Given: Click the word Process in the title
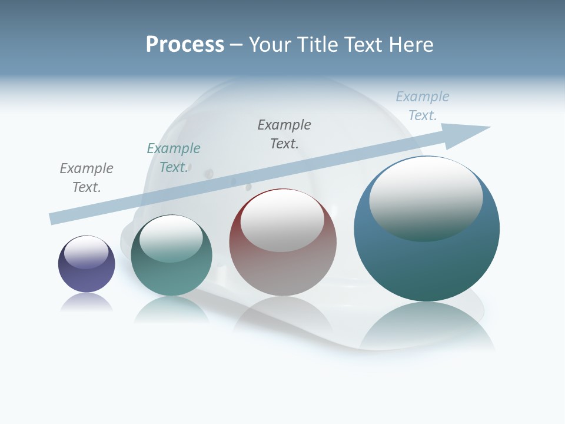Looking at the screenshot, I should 185,45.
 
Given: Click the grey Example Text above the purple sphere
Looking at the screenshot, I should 87,178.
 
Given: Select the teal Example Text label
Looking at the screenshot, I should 174,158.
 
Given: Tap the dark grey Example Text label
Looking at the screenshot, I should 284,134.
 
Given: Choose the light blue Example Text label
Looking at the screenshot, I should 423,106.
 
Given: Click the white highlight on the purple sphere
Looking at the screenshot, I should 87,252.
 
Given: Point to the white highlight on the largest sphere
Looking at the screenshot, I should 426,198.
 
